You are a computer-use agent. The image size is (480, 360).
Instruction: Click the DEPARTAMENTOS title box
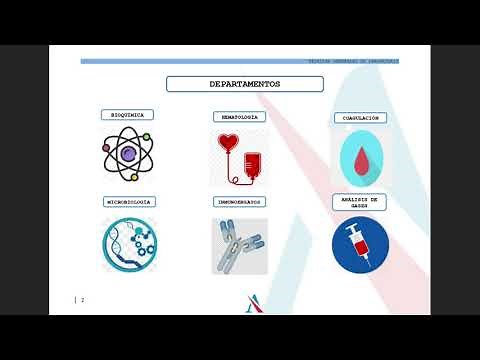point(244,84)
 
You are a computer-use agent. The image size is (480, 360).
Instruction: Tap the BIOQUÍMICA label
point(127,115)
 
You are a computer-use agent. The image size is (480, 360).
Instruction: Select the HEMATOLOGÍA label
point(238,116)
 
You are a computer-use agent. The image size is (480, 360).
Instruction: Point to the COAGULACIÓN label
point(360,118)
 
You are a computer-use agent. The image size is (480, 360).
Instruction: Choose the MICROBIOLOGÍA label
point(129,201)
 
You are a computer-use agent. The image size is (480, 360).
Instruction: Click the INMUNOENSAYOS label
point(239,201)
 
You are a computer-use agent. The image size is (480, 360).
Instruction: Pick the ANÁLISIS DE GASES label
point(360,203)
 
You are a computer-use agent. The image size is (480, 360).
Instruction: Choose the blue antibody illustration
point(240,246)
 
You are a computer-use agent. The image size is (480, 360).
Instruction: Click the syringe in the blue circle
point(360,244)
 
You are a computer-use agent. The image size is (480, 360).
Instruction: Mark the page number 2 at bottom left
point(82,299)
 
